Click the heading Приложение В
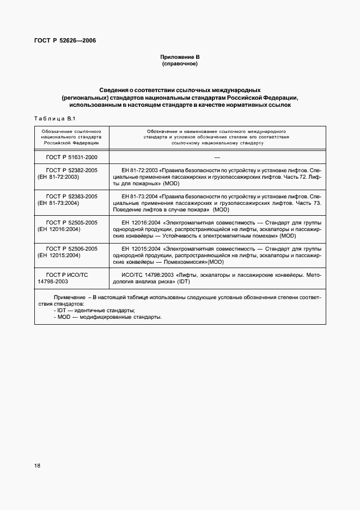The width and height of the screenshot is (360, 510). [180, 57]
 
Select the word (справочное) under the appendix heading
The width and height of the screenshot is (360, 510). [180, 64]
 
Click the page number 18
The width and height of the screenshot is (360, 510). [38, 465]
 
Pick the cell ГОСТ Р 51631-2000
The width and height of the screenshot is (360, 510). [72, 157]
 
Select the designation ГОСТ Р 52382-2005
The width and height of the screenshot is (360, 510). [72, 171]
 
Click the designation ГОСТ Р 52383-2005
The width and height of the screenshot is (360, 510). [72, 196]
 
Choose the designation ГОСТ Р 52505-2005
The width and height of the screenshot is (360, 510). [72, 222]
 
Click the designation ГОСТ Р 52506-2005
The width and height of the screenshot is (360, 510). [72, 248]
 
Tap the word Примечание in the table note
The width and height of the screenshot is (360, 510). [70, 298]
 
